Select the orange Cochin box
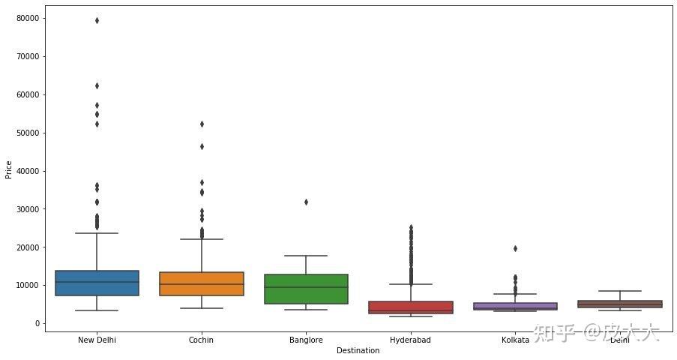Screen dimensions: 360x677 pos(201,283)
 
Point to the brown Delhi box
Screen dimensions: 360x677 pos(619,304)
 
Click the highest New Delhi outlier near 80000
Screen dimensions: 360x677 pos(97,20)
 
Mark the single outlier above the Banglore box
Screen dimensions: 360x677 pos(306,202)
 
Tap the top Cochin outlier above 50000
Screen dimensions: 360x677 pos(201,124)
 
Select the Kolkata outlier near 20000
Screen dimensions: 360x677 pos(515,248)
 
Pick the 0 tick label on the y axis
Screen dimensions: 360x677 pos(37,324)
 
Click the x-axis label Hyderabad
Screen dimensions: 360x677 pos(410,340)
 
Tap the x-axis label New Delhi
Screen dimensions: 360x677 pos(97,340)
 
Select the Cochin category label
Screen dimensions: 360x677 pos(201,340)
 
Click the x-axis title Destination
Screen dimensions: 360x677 pos(358,351)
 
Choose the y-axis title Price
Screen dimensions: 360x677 pos(8,170)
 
